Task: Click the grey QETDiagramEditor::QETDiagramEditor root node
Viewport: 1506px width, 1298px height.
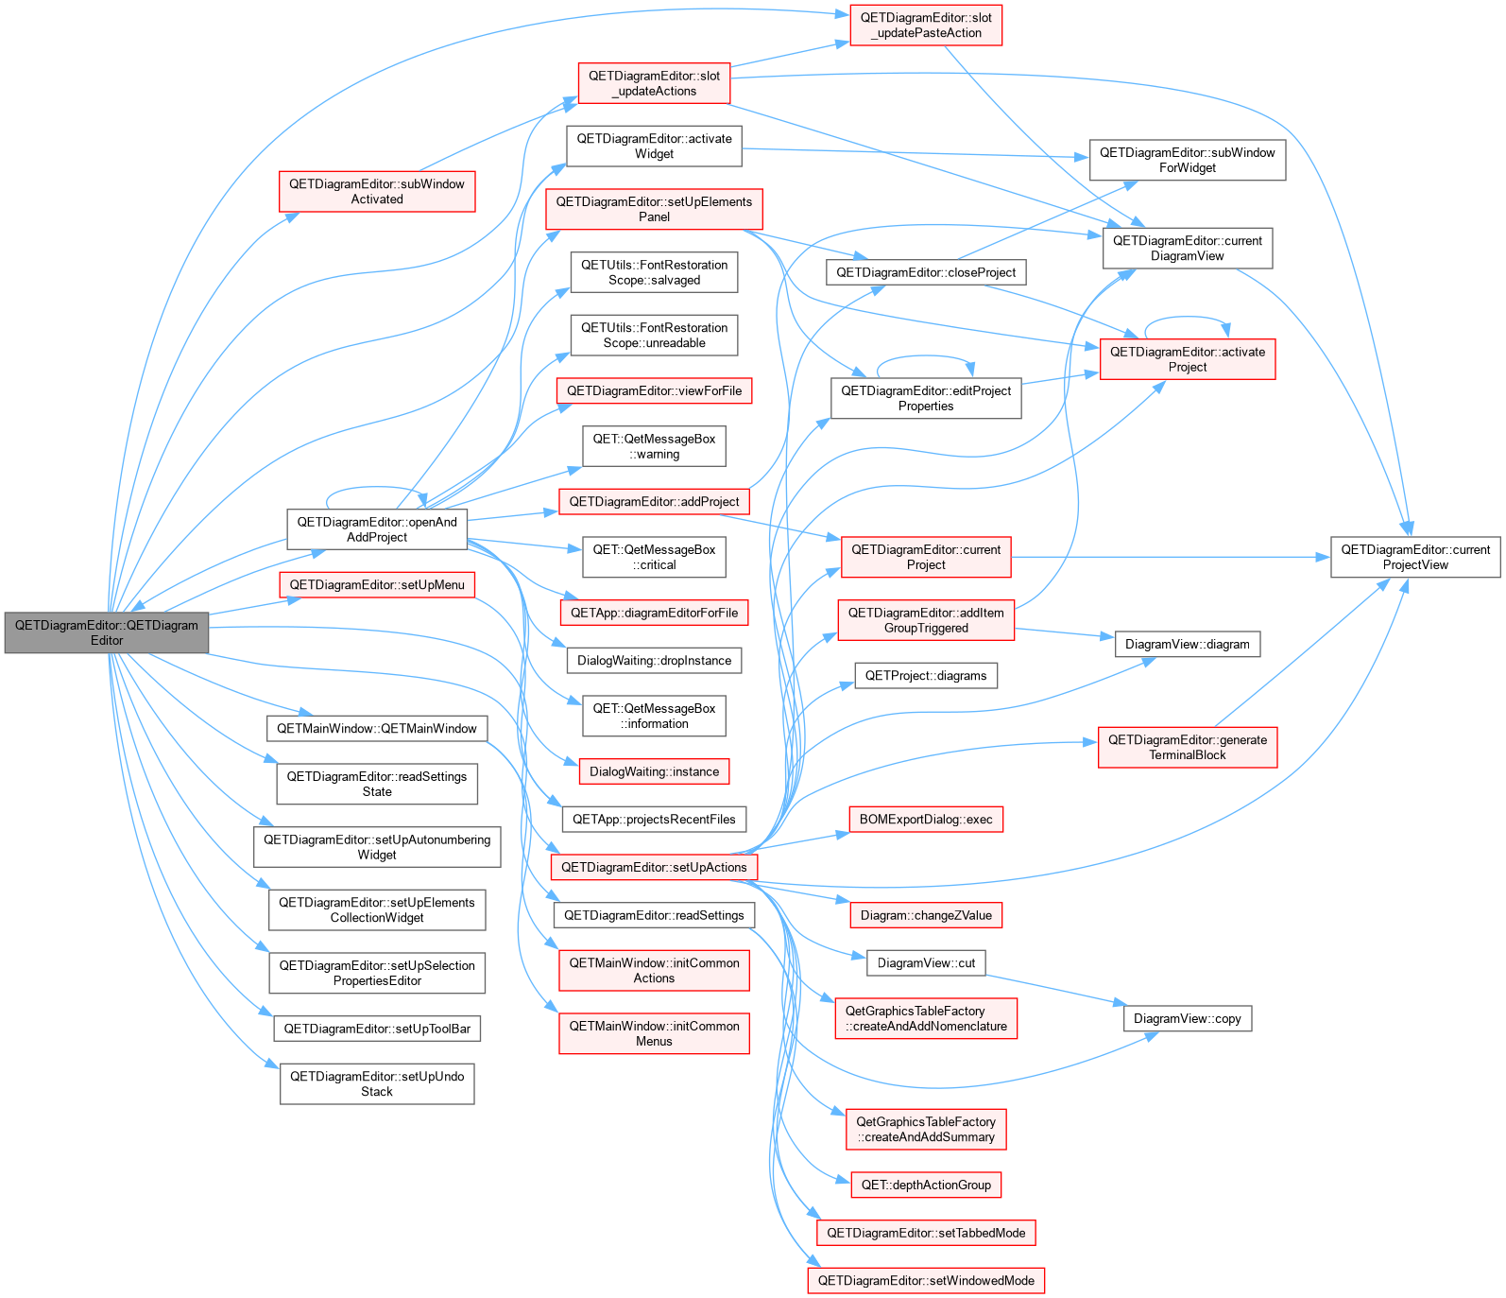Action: point(107,632)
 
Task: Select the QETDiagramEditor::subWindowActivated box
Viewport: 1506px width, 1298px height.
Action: point(377,191)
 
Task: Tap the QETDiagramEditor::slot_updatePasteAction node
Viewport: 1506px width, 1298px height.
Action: point(926,25)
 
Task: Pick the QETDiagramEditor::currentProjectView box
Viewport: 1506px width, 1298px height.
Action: point(1415,557)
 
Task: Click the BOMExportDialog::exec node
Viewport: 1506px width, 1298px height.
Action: point(926,820)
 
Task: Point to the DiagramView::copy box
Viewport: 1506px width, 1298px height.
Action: point(1188,1018)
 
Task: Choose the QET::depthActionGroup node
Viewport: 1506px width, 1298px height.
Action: point(926,1185)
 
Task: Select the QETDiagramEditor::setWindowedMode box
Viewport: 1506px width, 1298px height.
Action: point(926,1281)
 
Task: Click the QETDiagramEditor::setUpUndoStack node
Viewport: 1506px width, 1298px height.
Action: point(377,1083)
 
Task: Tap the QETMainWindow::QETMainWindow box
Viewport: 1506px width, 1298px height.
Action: point(377,729)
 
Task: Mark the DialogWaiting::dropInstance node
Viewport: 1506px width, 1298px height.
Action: point(654,661)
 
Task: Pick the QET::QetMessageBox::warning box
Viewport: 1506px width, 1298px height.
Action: point(654,446)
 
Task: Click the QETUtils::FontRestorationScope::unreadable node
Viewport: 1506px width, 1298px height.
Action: point(654,335)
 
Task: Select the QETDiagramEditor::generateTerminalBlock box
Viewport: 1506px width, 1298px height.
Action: point(1188,747)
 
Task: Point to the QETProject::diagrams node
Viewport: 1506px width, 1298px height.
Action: point(926,676)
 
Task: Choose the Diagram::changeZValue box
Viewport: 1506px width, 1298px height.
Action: point(926,915)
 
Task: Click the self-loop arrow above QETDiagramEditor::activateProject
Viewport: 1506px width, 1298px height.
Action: point(1187,317)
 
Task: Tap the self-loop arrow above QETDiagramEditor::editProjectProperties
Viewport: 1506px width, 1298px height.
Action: point(926,356)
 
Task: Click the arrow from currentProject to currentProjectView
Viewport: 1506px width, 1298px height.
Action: point(1171,557)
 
